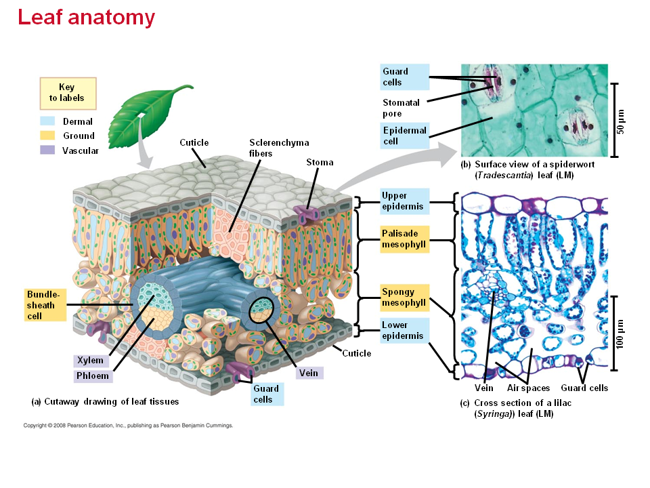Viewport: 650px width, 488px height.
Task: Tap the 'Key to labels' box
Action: [x=67, y=93]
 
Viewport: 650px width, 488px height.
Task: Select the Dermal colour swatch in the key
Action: [x=47, y=121]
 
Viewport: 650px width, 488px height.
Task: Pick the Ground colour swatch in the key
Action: [x=47, y=136]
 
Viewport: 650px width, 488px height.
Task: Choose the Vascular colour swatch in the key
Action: [x=47, y=150]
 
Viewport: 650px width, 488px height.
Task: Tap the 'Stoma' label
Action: [x=320, y=163]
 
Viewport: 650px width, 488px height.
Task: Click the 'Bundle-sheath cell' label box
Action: [x=44, y=306]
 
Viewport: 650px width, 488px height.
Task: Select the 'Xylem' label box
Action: [x=91, y=361]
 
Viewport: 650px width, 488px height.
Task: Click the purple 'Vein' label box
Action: [x=308, y=373]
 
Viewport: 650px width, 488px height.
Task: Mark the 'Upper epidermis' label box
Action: [x=404, y=201]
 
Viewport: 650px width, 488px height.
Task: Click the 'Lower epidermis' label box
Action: [x=404, y=331]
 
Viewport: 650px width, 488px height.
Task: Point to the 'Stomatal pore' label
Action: [x=402, y=108]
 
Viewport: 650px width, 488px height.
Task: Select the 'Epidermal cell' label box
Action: [x=404, y=136]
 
